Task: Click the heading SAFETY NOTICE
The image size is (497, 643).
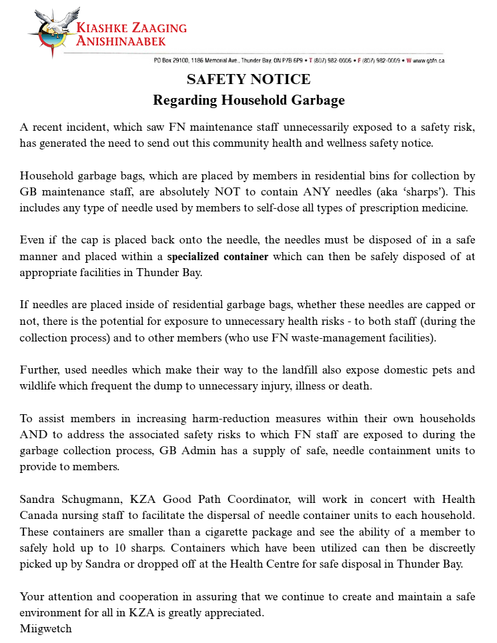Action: (x=248, y=79)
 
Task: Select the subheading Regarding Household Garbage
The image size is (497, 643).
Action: (x=248, y=101)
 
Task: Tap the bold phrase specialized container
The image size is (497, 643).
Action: (x=217, y=255)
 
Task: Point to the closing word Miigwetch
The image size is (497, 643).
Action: (x=45, y=628)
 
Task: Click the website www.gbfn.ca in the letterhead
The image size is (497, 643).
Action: (x=429, y=61)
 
